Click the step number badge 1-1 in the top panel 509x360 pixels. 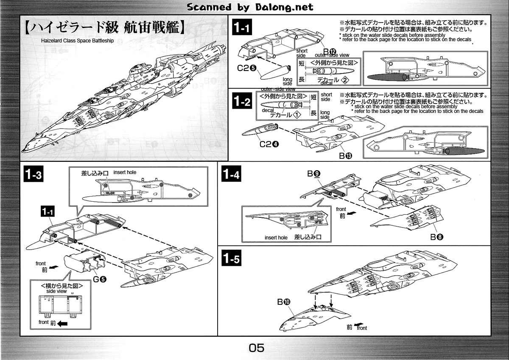[x=243, y=28]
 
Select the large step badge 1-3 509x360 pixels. [x=34, y=175]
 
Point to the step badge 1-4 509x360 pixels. [x=231, y=174]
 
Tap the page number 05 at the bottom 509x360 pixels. [x=256, y=348]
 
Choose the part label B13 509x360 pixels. [x=345, y=156]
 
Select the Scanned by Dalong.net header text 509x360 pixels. [x=250, y=7]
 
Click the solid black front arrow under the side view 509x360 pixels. [x=63, y=323]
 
